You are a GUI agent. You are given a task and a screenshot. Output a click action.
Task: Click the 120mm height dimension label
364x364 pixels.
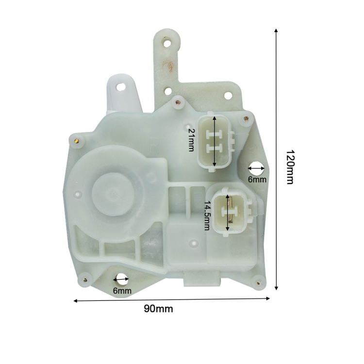pos(290,167)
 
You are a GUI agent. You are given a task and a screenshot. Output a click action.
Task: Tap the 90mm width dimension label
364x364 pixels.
pos(158,309)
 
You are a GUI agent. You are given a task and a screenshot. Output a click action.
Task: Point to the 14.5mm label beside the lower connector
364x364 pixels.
pos(207,215)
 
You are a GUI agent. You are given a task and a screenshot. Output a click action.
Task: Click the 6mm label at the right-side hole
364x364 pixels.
pos(257,179)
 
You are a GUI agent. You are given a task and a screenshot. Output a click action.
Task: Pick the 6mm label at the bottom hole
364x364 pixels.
pos(122,290)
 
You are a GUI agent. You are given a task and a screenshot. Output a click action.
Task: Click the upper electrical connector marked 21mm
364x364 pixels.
pos(215,141)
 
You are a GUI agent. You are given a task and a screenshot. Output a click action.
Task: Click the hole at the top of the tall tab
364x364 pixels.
pos(167,43)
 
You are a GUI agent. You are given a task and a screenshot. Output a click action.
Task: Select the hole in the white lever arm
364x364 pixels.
pos(121,87)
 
